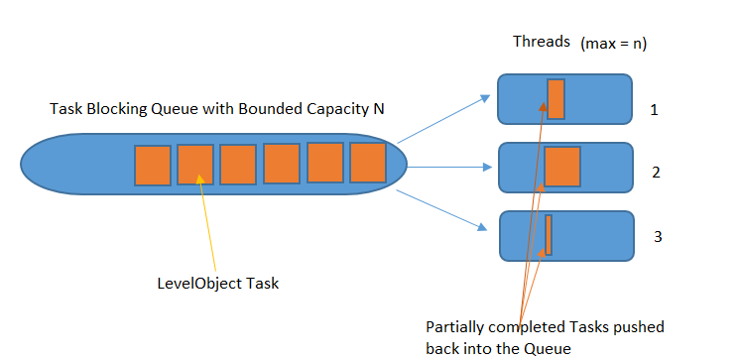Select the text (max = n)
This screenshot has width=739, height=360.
coord(613,44)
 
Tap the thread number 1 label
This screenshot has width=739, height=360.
coord(654,109)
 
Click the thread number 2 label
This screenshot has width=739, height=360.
coord(656,172)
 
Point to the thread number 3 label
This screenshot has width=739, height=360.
coord(657,237)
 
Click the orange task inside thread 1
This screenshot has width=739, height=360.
coord(555,99)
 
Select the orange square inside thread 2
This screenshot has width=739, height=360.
coord(561,167)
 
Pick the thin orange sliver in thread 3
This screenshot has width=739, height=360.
coord(549,235)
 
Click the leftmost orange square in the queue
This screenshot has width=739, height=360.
coord(153,165)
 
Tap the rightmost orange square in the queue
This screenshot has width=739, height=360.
coord(367,163)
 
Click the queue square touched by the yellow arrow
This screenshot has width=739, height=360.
coord(195,165)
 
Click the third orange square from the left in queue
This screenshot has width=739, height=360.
coord(238,165)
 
